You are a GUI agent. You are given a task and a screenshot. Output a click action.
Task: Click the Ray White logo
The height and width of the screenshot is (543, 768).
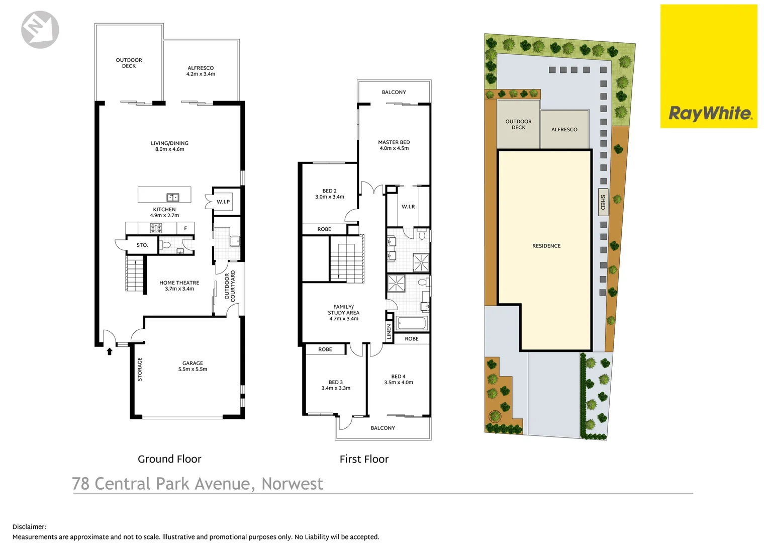tap(709, 114)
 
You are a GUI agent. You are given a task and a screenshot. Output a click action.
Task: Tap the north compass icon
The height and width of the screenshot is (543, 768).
tap(40, 30)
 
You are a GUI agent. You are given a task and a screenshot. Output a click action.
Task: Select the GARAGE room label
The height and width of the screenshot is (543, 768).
tap(193, 366)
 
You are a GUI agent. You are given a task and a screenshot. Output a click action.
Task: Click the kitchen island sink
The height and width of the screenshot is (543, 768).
tap(172, 198)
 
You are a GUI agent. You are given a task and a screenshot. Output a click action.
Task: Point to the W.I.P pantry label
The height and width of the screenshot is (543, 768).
tap(223, 202)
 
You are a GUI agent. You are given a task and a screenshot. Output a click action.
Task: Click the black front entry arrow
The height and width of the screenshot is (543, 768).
tap(109, 351)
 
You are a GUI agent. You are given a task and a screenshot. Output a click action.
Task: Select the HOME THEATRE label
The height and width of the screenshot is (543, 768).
tap(179, 286)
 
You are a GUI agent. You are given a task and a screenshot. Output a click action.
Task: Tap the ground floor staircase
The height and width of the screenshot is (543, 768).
tap(135, 274)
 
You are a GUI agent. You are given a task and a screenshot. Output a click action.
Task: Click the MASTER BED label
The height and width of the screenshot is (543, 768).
tap(394, 145)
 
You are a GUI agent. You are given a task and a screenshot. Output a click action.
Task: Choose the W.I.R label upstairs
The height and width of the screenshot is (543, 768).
tap(408, 207)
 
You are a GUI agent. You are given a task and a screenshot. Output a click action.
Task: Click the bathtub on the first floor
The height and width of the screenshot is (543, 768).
tap(412, 323)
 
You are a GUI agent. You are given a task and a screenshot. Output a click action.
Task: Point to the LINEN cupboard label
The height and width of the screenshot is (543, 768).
tap(389, 331)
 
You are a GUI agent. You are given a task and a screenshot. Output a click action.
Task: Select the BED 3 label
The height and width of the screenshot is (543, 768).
tap(336, 385)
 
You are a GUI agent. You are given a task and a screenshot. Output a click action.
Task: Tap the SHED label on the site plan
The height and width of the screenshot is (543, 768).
tap(603, 202)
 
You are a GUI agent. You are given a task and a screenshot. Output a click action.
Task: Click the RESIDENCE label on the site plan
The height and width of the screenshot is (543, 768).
tap(546, 246)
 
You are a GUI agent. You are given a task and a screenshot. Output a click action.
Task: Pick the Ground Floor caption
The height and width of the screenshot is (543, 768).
tap(169, 459)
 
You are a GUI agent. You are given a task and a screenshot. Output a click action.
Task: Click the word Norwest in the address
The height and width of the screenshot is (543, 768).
tap(292, 484)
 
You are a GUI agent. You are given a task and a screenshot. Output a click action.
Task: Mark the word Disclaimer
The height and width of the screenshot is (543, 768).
tap(29, 527)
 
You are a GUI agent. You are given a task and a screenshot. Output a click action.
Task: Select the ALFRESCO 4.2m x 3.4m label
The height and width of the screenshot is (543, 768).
tap(201, 71)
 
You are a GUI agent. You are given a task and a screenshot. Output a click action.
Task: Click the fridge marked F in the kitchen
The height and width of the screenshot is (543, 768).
tap(185, 228)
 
